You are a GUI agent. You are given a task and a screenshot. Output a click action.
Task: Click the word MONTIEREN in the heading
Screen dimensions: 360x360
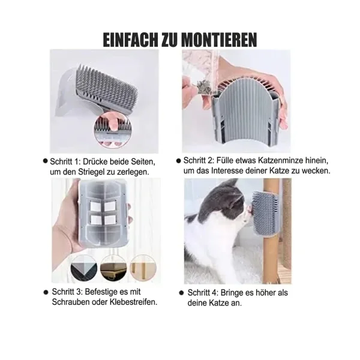click(x=219, y=40)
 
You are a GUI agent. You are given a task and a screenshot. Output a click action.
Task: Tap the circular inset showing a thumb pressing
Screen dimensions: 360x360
click(x=113, y=130)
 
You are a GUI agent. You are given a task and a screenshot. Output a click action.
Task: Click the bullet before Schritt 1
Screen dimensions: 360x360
click(x=46, y=161)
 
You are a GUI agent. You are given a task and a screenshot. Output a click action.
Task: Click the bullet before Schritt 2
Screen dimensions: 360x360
click(x=179, y=161)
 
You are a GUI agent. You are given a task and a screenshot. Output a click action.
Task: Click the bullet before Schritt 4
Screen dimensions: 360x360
click(x=181, y=293)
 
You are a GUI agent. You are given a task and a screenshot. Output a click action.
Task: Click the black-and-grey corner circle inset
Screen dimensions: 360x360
click(x=84, y=268)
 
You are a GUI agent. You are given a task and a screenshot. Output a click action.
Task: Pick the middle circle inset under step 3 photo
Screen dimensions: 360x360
click(x=113, y=268)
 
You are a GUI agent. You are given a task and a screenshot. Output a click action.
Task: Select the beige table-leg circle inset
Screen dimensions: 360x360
click(x=143, y=268)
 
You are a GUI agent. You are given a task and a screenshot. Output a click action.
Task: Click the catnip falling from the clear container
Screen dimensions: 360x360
click(x=203, y=88)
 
